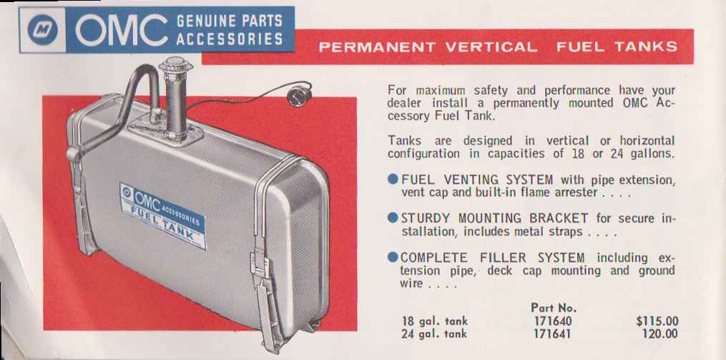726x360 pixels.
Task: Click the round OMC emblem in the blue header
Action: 42,29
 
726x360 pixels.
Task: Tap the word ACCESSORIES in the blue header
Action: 230,39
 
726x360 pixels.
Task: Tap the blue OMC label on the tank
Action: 162,215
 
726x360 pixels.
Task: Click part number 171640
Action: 553,321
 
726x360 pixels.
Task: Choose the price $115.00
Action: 657,321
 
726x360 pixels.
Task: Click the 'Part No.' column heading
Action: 554,308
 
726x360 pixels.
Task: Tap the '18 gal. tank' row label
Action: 434,321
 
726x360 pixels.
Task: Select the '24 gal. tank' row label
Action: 434,334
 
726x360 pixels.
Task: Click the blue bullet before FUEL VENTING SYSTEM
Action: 393,180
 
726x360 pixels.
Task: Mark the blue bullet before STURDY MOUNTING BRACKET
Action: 393,218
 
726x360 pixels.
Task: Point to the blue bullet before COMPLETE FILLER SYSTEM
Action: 393,257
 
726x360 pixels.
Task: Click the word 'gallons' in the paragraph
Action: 652,153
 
